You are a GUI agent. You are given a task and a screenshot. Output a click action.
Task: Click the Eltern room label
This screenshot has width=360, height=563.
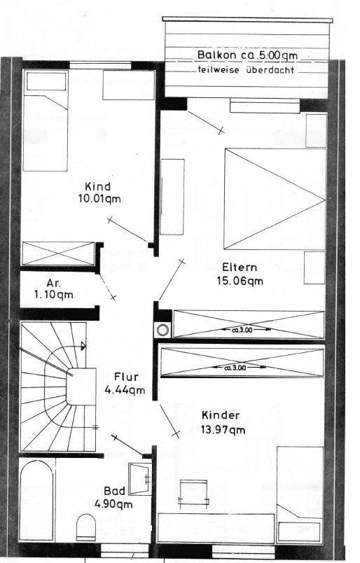(x=240, y=267)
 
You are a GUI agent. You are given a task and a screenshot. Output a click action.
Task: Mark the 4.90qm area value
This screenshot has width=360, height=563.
(x=113, y=503)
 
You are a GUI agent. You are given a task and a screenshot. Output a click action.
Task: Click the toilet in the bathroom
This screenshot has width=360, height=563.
(x=85, y=527)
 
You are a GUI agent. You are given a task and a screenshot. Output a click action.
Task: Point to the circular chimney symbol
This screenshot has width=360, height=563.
(x=163, y=330)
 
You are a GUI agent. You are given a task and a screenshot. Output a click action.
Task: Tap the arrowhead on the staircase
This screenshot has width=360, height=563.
(x=84, y=345)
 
